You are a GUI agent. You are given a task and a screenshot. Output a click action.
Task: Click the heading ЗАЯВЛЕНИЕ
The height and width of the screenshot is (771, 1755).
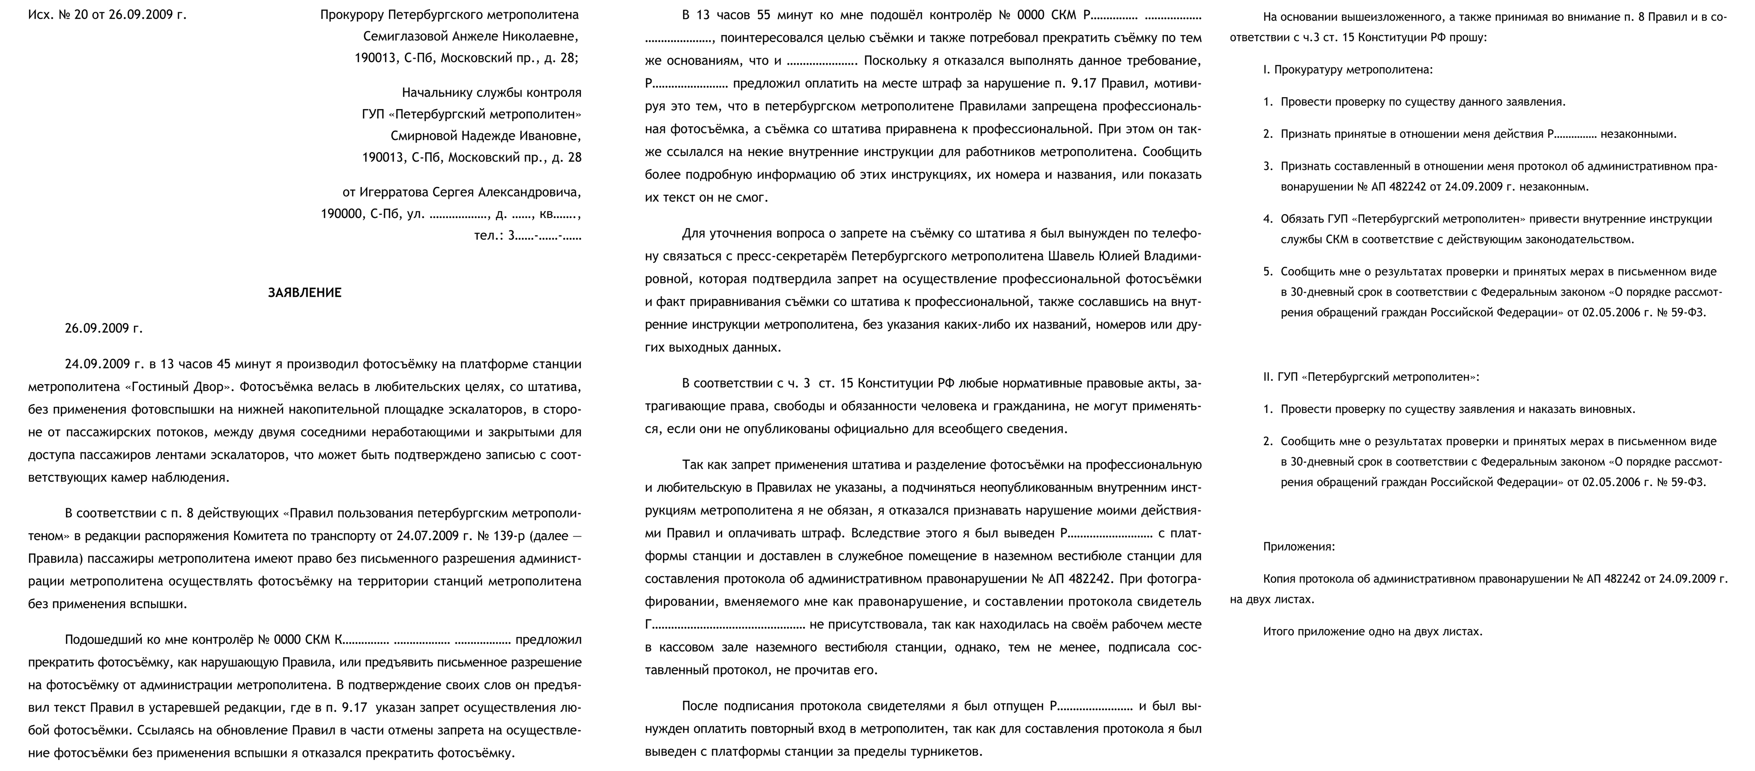pos(305,293)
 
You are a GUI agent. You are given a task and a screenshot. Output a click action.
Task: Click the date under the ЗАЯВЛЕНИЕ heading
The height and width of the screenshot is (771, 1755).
pos(104,328)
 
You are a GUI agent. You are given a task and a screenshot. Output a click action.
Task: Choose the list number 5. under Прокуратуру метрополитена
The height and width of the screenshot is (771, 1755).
pos(1268,271)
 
